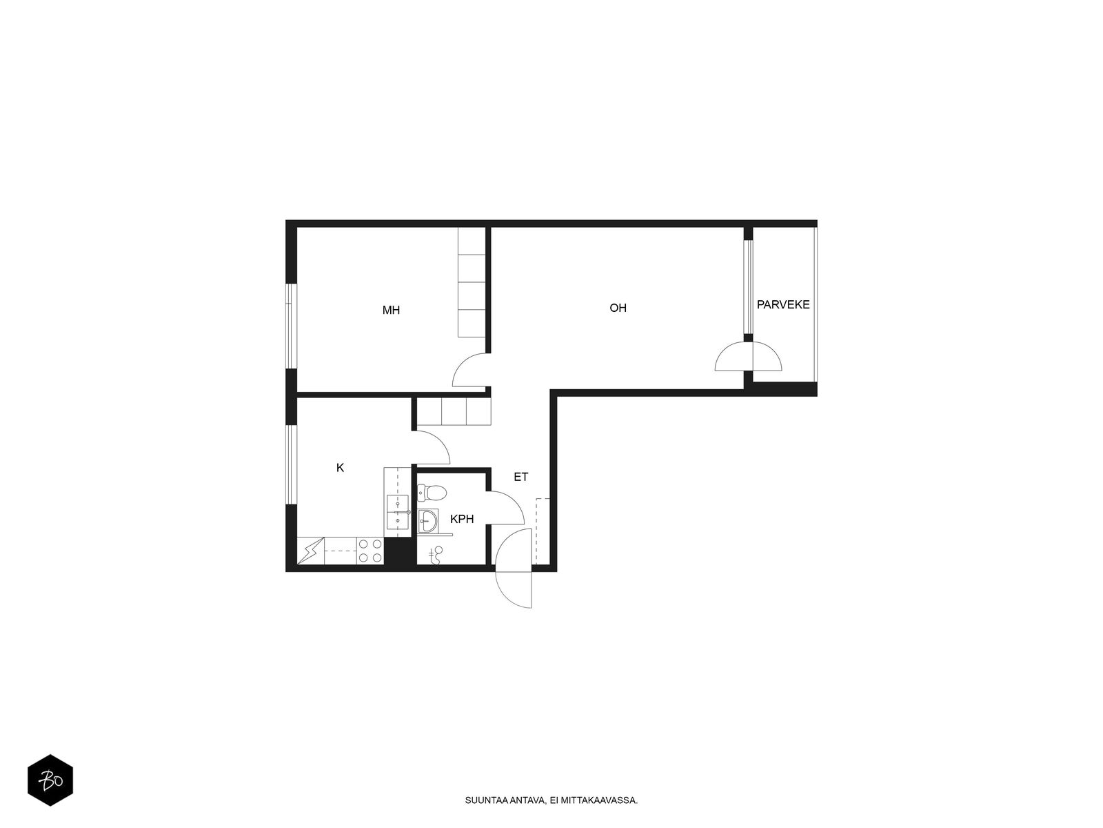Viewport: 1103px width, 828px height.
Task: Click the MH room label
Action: click(391, 310)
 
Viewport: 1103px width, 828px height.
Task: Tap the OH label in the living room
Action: click(618, 308)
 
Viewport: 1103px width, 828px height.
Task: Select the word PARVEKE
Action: click(783, 304)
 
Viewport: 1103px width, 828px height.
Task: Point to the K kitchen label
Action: click(340, 468)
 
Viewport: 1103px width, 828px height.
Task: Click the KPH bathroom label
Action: click(462, 519)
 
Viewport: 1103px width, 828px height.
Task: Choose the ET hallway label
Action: click(520, 477)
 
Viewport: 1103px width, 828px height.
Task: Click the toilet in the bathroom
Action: click(432, 493)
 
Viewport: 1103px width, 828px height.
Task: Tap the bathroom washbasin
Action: click(427, 522)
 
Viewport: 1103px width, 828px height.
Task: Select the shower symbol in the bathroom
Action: click(436, 555)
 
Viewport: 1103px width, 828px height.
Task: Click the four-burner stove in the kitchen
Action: click(370, 551)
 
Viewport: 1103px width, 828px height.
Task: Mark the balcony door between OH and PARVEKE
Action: click(748, 356)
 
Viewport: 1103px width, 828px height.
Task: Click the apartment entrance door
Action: click(514, 568)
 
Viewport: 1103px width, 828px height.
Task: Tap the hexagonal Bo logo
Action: click(50, 780)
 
